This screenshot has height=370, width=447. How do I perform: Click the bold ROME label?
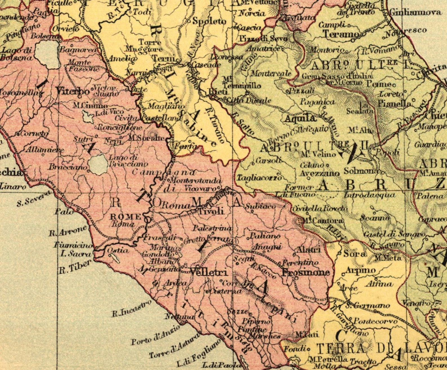pyautogui.click(x=125, y=217)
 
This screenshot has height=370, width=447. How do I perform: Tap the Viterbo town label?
pyautogui.click(x=73, y=91)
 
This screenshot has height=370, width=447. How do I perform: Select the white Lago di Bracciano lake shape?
pyautogui.click(x=98, y=165)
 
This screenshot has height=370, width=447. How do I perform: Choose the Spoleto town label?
pyautogui.click(x=209, y=21)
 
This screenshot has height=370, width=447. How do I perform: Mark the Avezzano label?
pyautogui.click(x=319, y=173)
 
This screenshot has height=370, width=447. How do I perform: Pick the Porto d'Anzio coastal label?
pyautogui.click(x=155, y=335)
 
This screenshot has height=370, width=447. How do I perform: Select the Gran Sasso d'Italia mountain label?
pyautogui.click(x=337, y=76)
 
